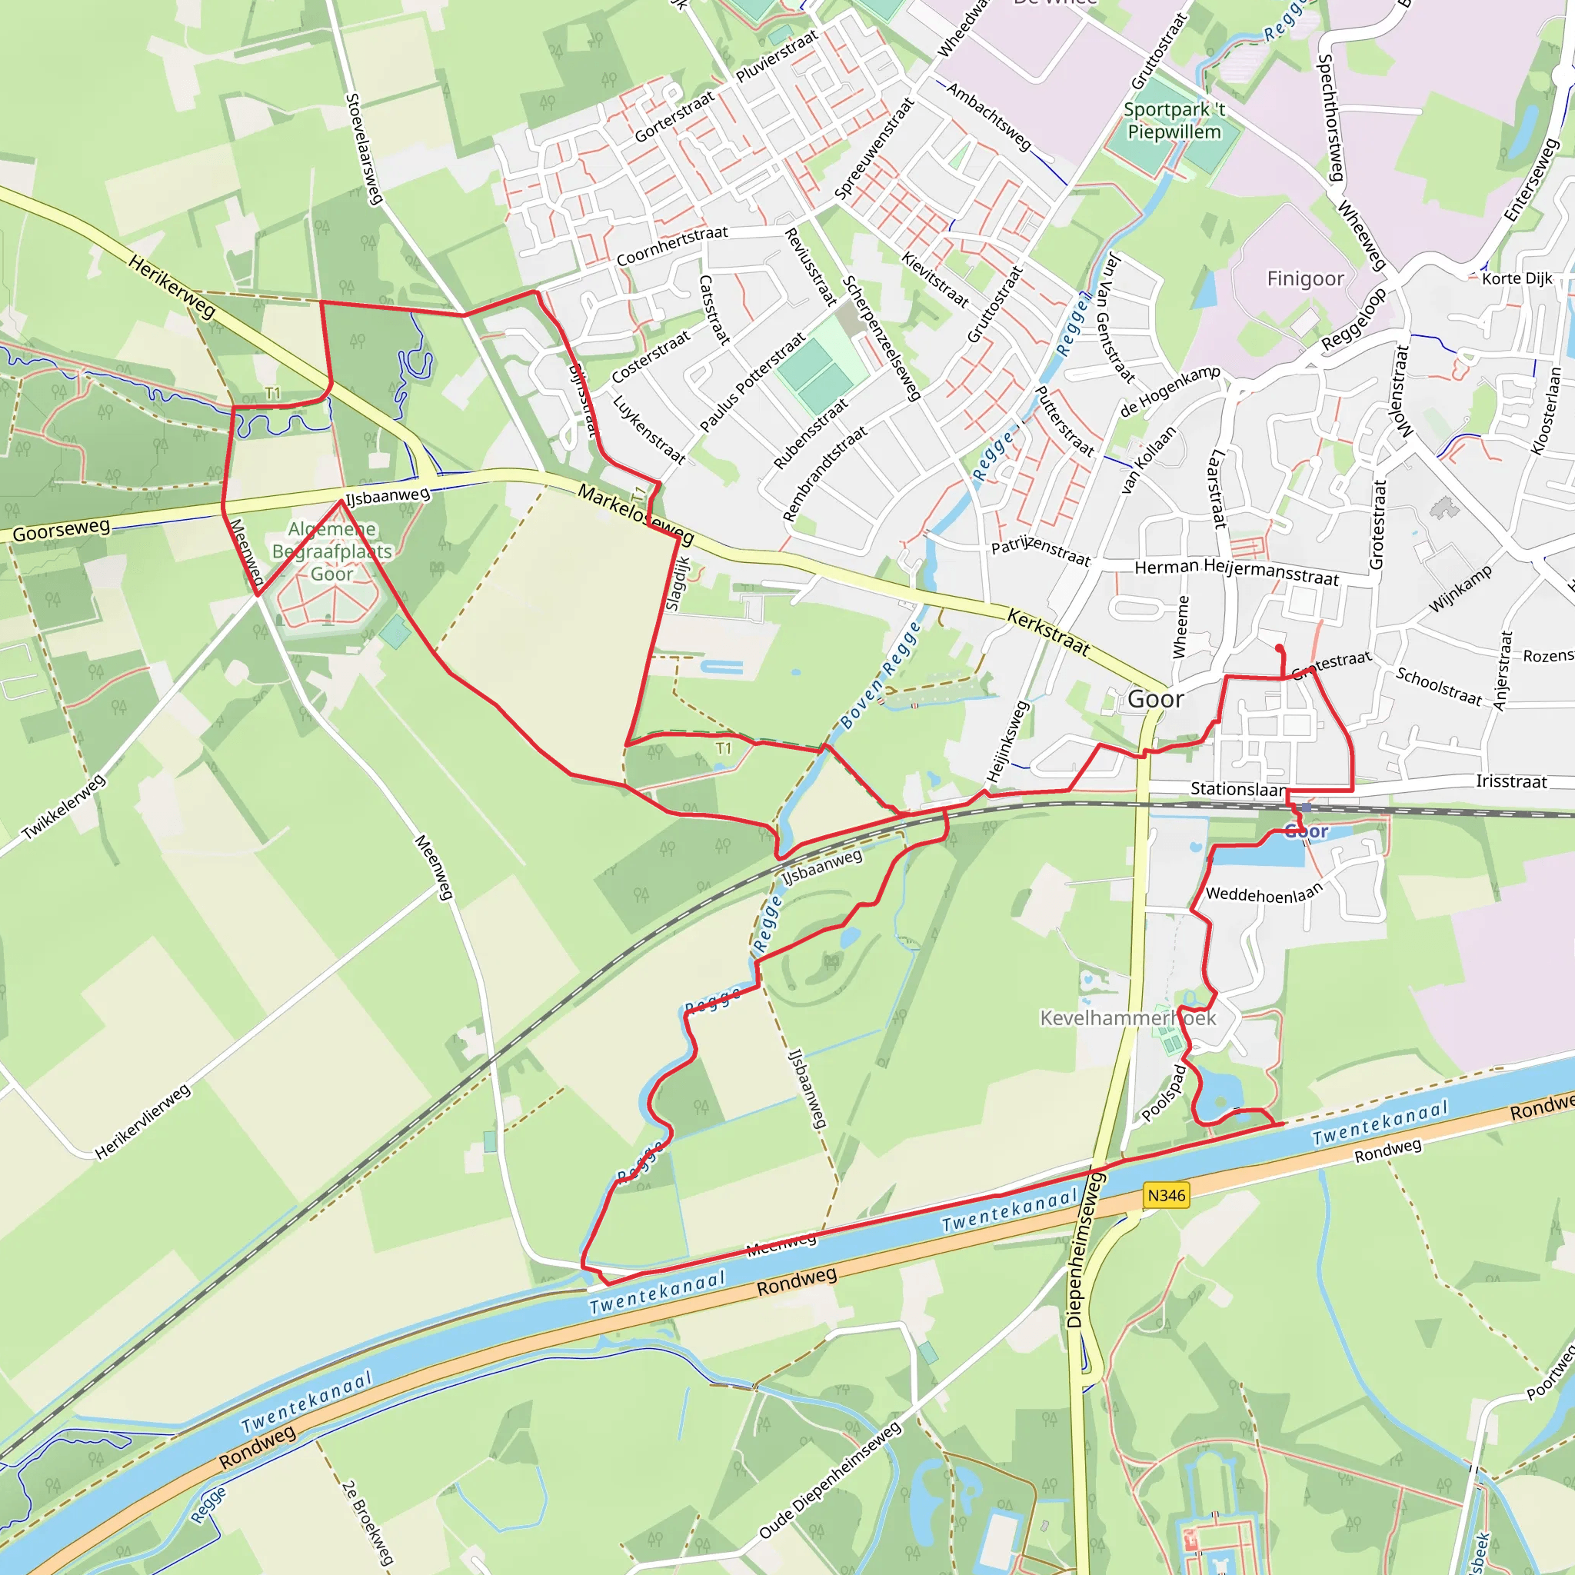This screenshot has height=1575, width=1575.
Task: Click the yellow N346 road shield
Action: click(1166, 1195)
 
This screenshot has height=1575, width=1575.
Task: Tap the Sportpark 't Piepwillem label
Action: click(1174, 121)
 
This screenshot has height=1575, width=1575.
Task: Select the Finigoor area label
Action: click(1305, 279)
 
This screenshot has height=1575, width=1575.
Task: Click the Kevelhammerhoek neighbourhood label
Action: click(1127, 1018)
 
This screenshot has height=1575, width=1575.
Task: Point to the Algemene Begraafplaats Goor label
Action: click(331, 552)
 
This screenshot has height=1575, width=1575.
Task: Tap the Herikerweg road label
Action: click(172, 286)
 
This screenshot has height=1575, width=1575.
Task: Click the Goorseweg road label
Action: click(62, 531)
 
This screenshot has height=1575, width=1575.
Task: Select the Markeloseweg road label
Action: click(635, 514)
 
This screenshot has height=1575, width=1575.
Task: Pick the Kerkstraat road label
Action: click(1048, 632)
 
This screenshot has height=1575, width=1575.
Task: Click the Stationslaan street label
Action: click(1237, 788)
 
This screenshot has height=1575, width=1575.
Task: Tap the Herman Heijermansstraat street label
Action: click(1237, 571)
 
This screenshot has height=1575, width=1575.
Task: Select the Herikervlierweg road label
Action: click(143, 1122)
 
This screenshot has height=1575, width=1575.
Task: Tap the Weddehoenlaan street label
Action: click(1263, 894)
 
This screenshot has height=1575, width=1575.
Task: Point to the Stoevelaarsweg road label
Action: click(364, 148)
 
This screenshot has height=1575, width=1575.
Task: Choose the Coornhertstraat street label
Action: click(671, 245)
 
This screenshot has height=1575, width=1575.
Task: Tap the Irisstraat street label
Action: click(1510, 781)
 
